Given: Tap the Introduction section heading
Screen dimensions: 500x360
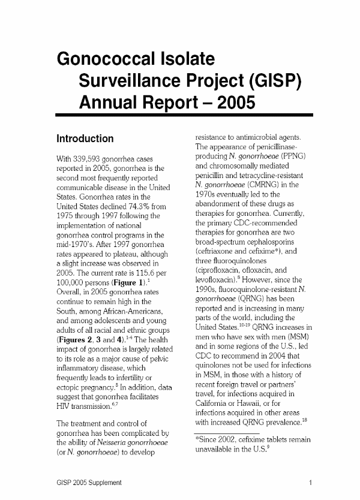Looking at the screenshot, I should pyautogui.click(x=85, y=138).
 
